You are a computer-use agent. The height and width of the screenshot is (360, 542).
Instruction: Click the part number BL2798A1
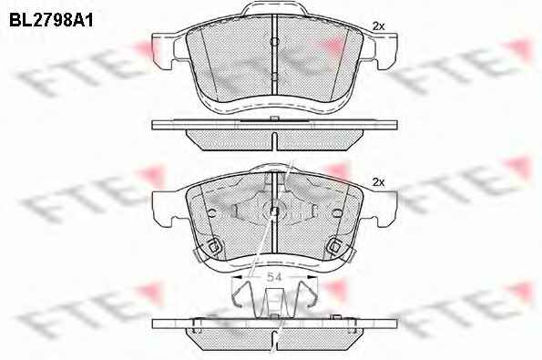coord(51,20)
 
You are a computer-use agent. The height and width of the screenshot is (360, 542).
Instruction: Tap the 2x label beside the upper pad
coord(379,26)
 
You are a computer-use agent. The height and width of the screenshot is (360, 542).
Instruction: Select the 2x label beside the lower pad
coord(379,182)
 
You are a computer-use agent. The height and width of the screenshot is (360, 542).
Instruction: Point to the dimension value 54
coord(274,277)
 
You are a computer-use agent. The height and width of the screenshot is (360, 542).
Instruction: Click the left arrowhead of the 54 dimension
coord(236,277)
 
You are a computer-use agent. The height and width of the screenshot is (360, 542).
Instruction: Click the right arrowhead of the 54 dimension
coord(312,277)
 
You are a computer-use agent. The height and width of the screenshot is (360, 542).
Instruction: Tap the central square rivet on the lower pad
coord(274,211)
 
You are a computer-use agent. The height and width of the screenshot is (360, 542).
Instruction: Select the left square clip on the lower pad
coord(214,247)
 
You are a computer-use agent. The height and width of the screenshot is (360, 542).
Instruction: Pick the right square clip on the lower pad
coord(334,247)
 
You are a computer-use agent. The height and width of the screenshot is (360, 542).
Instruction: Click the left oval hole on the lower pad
coord(212,213)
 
